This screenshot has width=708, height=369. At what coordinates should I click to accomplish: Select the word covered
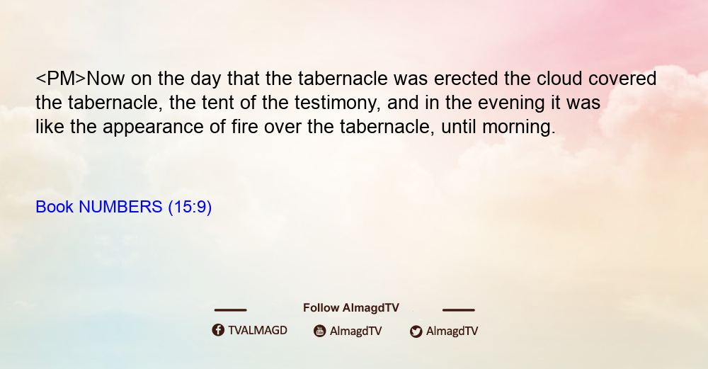coord(622,79)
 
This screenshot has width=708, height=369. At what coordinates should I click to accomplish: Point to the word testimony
coord(338,103)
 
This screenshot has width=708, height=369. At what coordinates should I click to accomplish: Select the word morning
coord(518,127)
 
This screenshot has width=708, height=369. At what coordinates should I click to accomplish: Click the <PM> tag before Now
coord(60,79)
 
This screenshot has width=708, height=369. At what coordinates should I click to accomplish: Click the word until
coord(458,127)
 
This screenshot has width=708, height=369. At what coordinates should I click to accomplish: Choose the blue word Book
coord(55,207)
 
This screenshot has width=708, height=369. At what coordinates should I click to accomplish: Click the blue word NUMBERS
coord(120,207)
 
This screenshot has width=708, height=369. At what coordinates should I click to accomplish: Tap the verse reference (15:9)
coord(190,207)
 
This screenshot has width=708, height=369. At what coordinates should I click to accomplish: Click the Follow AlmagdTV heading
coord(351,307)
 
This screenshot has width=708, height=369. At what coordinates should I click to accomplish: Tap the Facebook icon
coord(218,330)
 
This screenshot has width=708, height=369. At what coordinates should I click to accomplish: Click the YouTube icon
coord(320,331)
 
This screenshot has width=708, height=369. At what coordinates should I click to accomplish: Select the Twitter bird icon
coord(416,331)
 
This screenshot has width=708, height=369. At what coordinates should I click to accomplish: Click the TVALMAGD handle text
coord(258,330)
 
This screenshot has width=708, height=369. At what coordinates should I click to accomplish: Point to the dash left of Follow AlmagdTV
coord(230,310)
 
